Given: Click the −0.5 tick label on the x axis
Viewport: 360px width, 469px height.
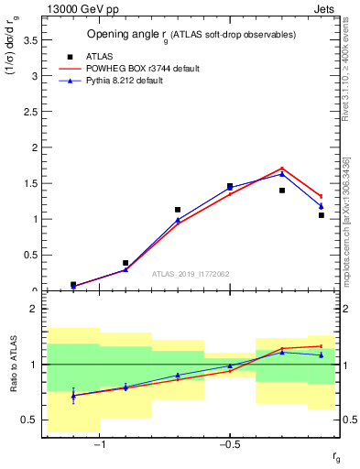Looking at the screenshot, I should [228, 444].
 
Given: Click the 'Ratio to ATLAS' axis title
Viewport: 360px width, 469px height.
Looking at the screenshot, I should [12, 365].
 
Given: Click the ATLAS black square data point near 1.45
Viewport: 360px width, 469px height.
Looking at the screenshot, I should [230, 186].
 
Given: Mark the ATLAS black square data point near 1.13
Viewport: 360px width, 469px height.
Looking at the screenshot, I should [178, 210].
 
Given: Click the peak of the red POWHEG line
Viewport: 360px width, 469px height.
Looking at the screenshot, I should [282, 168].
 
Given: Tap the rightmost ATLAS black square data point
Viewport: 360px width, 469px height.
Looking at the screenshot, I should [322, 215].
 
